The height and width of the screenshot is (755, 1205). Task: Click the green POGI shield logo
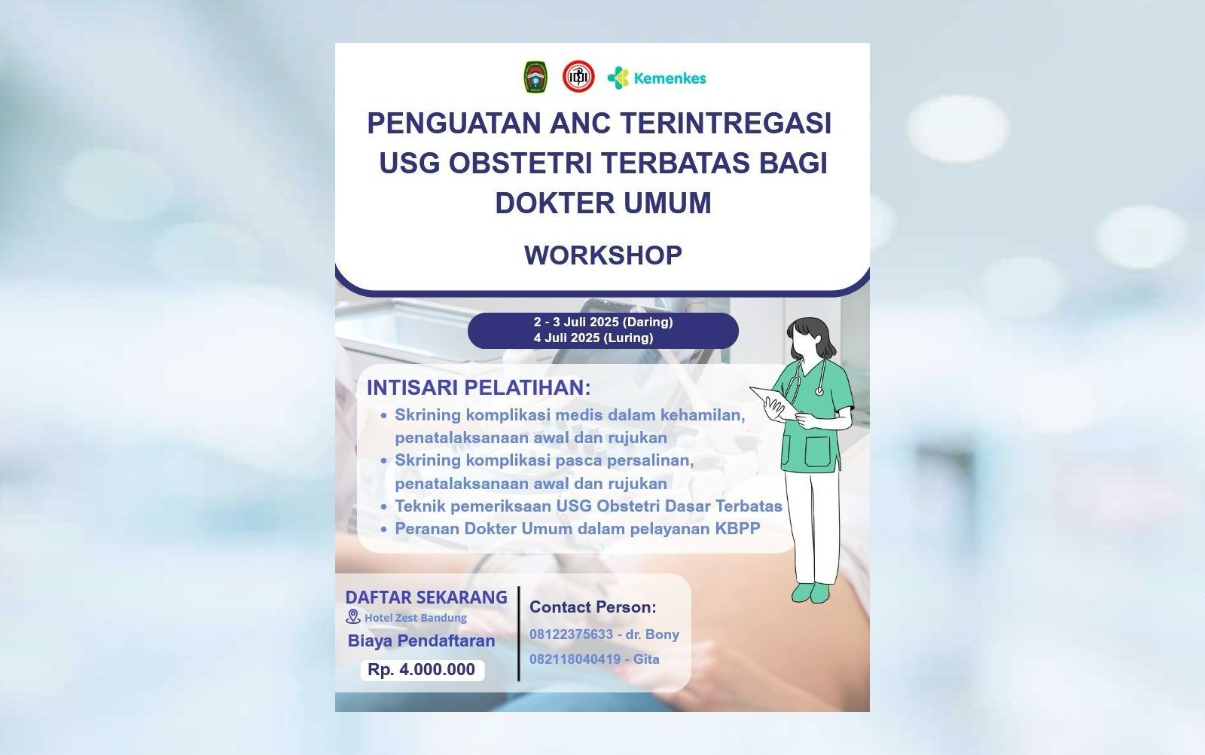tap(535, 77)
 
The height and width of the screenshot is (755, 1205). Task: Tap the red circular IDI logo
tap(578, 76)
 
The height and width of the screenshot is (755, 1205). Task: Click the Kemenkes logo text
tap(670, 78)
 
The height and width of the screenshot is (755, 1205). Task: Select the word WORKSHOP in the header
tap(603, 255)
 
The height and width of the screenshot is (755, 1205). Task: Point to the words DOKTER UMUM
tap(603, 203)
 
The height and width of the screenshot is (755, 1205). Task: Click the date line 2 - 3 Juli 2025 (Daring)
tap(603, 322)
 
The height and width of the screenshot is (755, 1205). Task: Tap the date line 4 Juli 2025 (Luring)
tap(593, 338)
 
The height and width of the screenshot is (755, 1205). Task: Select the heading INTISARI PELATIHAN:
tap(479, 387)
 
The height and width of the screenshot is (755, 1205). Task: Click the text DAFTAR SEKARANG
tap(426, 598)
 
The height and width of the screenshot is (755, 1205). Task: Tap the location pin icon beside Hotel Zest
tap(353, 616)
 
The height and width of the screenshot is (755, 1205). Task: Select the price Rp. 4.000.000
tap(421, 669)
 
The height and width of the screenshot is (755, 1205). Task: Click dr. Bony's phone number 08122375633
tap(572, 634)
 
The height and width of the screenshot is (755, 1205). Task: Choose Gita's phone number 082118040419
tap(575, 659)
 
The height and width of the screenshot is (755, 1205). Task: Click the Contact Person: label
tap(593, 607)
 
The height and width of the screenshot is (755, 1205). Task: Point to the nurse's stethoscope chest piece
tap(819, 391)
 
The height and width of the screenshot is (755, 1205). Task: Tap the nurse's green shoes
tap(810, 592)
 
